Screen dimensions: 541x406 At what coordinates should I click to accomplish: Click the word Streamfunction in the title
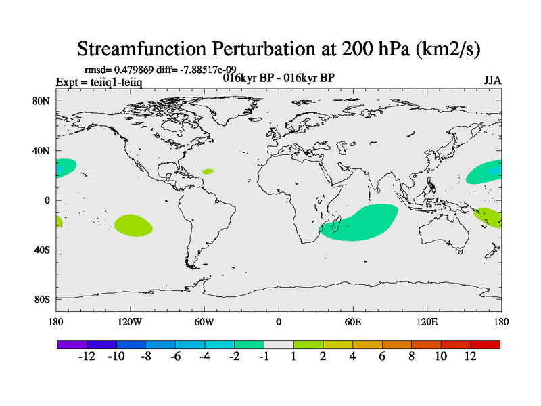pyautogui.click(x=142, y=49)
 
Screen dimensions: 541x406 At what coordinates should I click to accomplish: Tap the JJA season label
pyautogui.click(x=492, y=81)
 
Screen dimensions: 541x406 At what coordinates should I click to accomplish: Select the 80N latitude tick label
pyautogui.click(x=41, y=101)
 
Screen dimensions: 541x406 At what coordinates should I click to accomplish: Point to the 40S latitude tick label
pyautogui.click(x=42, y=250)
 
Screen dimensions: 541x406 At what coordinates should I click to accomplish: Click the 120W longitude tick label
pyautogui.click(x=130, y=322)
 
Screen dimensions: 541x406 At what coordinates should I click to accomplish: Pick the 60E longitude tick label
pyautogui.click(x=353, y=322)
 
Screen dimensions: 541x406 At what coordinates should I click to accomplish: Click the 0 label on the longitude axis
pyautogui.click(x=279, y=322)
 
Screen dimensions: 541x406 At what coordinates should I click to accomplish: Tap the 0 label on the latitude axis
pyautogui.click(x=47, y=200)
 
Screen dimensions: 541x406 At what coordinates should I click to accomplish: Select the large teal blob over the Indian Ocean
pyautogui.click(x=359, y=223)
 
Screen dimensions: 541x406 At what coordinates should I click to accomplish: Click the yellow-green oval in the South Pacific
pyautogui.click(x=133, y=225)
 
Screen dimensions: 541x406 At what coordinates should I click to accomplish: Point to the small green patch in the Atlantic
pyautogui.click(x=208, y=171)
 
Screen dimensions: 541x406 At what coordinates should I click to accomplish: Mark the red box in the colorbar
pyautogui.click(x=485, y=344)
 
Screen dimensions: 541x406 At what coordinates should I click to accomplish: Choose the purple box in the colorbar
pyautogui.click(x=72, y=344)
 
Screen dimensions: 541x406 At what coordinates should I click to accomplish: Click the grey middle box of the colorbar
pyautogui.click(x=279, y=344)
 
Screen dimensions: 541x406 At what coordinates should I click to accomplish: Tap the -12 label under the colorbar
pyautogui.click(x=87, y=356)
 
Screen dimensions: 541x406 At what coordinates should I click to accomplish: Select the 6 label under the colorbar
pyautogui.click(x=382, y=356)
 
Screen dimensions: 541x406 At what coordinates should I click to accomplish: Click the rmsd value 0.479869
pyautogui.click(x=134, y=70)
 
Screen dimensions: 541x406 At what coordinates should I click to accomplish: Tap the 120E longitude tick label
pyautogui.click(x=427, y=322)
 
